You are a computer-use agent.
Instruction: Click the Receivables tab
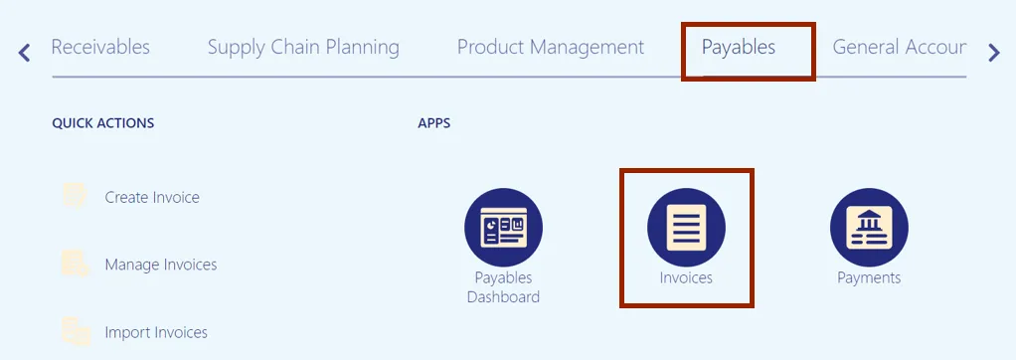tap(100, 48)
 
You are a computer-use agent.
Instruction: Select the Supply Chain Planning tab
tap(303, 48)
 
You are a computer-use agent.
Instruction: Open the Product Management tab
tap(551, 48)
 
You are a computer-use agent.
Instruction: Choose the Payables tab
tap(739, 48)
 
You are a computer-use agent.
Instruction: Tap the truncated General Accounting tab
tap(900, 48)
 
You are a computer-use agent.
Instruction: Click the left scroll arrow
tap(24, 53)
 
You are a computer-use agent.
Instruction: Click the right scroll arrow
tap(994, 53)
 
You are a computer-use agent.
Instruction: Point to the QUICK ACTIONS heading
tap(103, 123)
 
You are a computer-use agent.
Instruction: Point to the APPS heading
tap(434, 123)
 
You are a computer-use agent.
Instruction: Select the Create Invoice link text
tap(152, 197)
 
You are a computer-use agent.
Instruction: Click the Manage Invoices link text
tap(161, 265)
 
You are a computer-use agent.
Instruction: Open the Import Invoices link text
tap(156, 333)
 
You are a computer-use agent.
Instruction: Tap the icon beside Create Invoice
tap(74, 196)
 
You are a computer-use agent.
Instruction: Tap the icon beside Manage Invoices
tap(75, 264)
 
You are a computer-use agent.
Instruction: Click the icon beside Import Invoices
tap(76, 331)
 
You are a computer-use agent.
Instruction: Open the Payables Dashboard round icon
tap(503, 228)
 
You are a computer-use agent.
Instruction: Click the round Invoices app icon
tap(686, 228)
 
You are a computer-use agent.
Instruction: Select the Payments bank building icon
tap(869, 228)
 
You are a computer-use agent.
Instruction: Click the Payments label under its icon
tap(869, 278)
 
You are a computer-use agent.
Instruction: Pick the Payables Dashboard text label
tap(503, 287)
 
